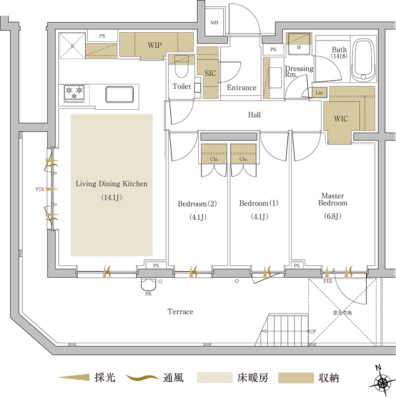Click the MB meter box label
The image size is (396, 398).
(214, 23)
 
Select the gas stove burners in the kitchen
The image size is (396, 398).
(74, 93)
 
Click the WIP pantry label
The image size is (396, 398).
(154, 45)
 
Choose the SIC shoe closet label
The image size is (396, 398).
(210, 73)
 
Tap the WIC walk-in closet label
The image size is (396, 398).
(341, 119)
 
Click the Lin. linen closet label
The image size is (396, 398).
(320, 93)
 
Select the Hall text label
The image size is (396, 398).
(254, 115)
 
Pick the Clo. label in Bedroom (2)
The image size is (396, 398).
(214, 159)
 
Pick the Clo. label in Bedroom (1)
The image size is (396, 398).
(244, 159)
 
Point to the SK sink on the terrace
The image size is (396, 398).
(149, 285)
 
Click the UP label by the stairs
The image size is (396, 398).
(313, 331)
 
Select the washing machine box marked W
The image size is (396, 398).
(298, 44)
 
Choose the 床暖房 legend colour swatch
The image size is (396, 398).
(215, 377)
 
